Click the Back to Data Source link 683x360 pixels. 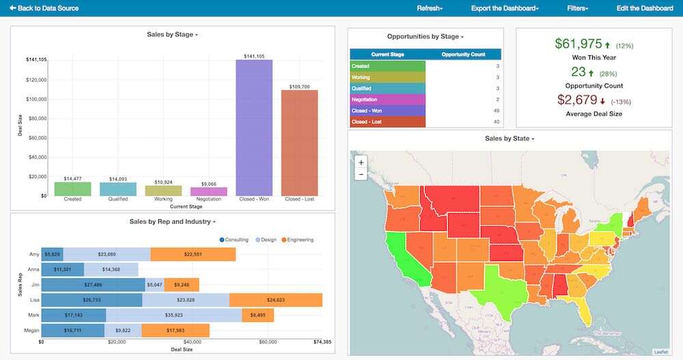(x=44, y=8)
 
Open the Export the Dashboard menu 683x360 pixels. (x=505, y=8)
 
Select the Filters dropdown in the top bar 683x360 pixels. (x=577, y=8)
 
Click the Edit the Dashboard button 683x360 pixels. (x=644, y=8)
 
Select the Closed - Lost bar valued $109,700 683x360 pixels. (x=299, y=143)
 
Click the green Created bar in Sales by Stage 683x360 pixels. (x=72, y=189)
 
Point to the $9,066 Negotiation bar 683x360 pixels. (x=208, y=191)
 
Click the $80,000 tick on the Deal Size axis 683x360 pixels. (x=37, y=118)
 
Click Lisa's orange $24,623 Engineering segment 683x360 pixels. (x=275, y=300)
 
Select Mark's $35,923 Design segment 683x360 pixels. (x=173, y=315)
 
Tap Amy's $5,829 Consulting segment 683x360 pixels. (x=52, y=254)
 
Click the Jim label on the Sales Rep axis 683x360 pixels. (x=33, y=285)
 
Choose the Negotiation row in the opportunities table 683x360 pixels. (x=387, y=99)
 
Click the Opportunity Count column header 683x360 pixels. (x=463, y=54)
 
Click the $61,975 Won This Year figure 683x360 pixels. (x=578, y=44)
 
